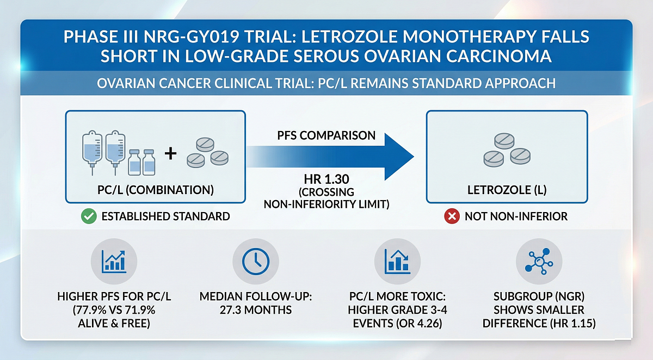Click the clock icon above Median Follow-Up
[x=252, y=263]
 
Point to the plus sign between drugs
[x=170, y=154]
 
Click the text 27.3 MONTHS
[x=252, y=310]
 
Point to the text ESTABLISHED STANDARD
[x=165, y=216]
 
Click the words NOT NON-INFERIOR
[x=516, y=216]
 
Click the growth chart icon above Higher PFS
[x=114, y=262]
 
